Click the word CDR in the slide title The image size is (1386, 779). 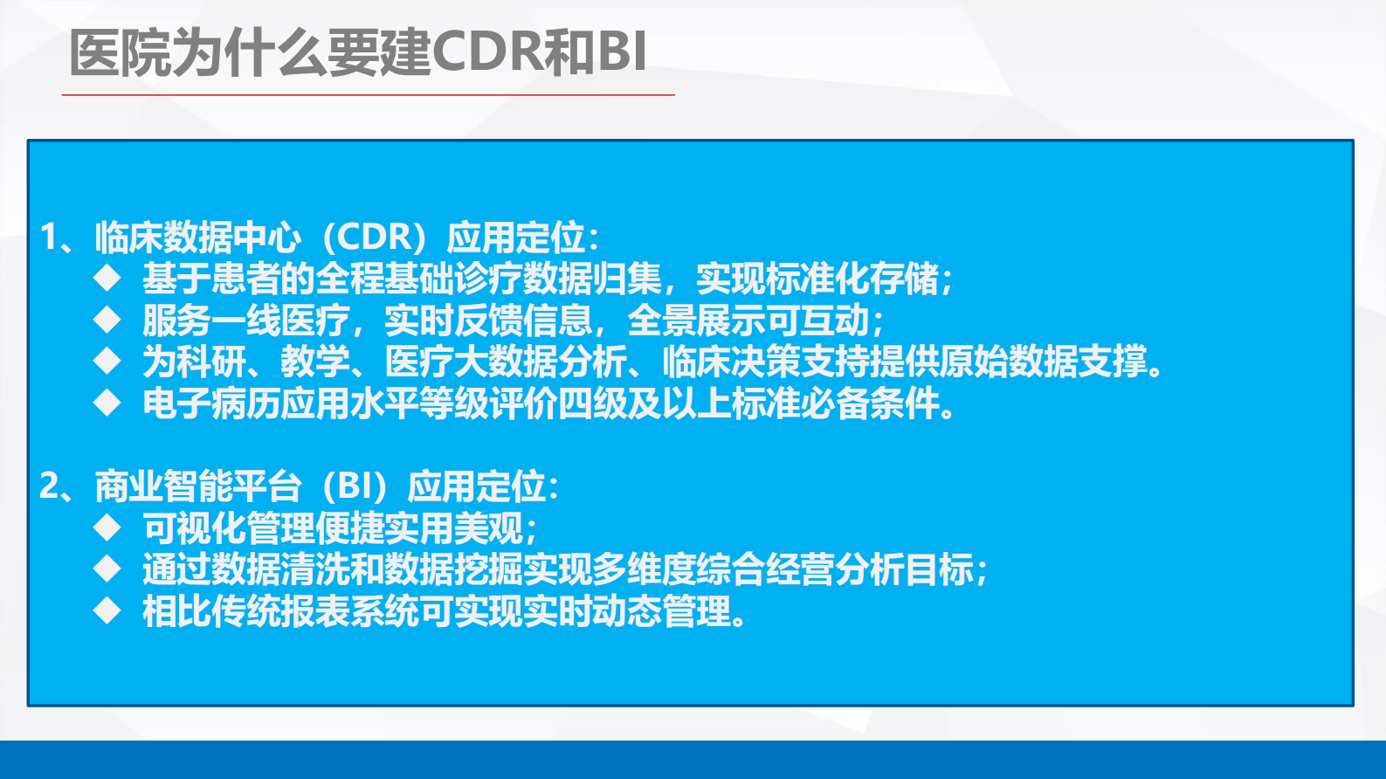pos(486,52)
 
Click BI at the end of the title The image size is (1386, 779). pos(622,52)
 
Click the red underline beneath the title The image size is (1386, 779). pos(367,94)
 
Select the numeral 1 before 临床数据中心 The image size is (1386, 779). pos(50,238)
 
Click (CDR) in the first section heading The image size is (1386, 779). pos(375,238)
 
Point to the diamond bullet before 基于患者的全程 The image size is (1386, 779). pos(107,279)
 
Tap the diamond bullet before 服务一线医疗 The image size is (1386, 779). pos(107,320)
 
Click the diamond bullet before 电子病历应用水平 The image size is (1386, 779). pos(107,403)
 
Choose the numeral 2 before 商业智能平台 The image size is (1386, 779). pos(50,486)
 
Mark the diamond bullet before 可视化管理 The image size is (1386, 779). pos(107,527)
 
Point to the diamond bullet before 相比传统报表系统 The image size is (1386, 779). pos(107,610)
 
